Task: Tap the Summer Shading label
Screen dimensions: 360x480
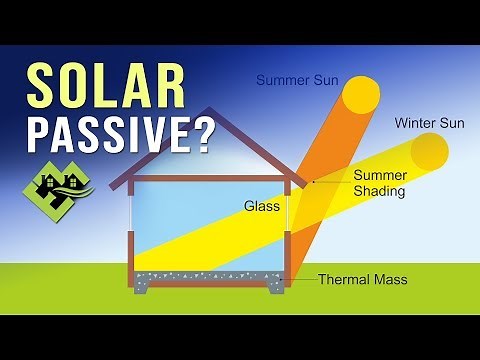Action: pos(379,183)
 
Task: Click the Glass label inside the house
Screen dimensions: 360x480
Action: pos(258,207)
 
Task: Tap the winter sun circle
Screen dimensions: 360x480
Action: pos(432,152)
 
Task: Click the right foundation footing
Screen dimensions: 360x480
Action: pos(276,288)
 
